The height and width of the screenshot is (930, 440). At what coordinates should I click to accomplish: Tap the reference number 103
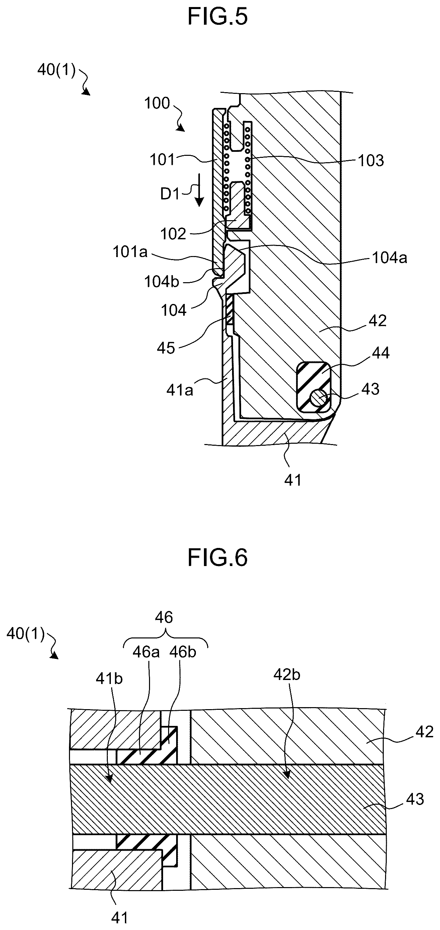(x=371, y=160)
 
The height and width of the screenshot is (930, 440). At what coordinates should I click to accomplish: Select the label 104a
(x=389, y=258)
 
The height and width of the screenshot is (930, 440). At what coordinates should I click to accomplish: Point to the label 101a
(x=130, y=252)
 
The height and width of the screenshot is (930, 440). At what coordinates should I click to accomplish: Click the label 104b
(x=162, y=282)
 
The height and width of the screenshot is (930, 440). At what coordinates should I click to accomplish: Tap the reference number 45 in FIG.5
(x=166, y=348)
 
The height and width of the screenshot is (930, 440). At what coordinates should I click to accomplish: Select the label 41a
(x=179, y=390)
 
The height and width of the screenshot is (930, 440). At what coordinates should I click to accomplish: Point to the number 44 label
(x=380, y=353)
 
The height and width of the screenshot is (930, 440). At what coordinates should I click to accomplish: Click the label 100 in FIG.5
(x=157, y=103)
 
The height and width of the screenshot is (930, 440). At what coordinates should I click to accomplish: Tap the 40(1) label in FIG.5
(x=57, y=70)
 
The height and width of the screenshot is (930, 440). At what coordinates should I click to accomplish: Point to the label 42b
(x=287, y=675)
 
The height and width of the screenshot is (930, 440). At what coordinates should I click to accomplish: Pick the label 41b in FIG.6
(x=109, y=679)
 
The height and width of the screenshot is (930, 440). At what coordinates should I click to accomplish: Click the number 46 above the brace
(x=164, y=618)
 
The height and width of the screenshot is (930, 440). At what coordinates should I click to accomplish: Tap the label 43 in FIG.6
(x=415, y=799)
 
